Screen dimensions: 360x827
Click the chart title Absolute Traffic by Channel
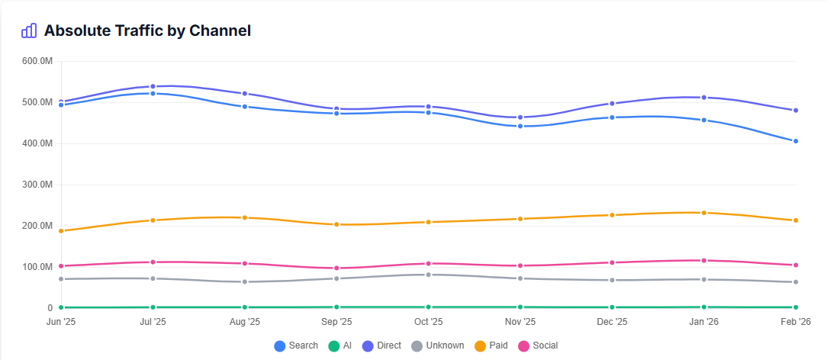tap(147, 31)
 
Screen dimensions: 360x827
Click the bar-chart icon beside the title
tap(29, 31)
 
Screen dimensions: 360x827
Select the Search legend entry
tap(296, 346)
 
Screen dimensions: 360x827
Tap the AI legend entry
tap(340, 346)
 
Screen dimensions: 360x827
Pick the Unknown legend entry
tap(438, 346)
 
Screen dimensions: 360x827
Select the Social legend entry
tap(538, 346)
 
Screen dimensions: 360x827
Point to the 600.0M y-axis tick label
tap(37, 61)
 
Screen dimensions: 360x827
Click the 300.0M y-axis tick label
tap(37, 185)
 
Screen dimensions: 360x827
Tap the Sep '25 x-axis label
tap(336, 322)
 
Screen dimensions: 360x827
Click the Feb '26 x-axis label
tap(796, 322)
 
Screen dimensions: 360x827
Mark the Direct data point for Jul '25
tap(153, 86)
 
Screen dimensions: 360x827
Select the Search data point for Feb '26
tap(796, 141)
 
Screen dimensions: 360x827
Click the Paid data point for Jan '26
tap(703, 213)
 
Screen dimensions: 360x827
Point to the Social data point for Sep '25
tap(336, 268)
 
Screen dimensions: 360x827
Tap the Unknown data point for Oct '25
tap(428, 275)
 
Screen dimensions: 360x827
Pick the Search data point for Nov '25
tap(520, 126)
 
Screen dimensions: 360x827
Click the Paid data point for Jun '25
tap(61, 230)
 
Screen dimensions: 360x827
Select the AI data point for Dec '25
tap(612, 307)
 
